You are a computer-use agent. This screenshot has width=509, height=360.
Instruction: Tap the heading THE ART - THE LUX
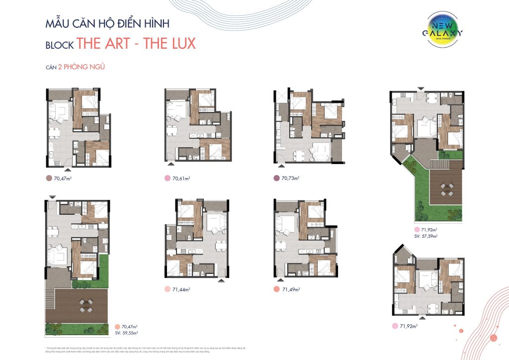137,43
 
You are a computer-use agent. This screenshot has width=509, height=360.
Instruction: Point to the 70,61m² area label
183,178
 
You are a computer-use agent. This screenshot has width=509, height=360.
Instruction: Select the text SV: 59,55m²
127,333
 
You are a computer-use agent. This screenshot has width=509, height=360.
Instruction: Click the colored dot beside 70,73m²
276,178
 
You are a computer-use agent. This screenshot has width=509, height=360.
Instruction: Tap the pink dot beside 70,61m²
168,178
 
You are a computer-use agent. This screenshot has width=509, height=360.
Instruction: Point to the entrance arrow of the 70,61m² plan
171,164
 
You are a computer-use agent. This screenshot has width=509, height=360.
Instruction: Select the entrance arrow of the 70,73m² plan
281,164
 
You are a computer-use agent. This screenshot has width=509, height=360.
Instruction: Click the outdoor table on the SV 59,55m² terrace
85,304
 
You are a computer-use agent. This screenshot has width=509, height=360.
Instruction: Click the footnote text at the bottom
144,350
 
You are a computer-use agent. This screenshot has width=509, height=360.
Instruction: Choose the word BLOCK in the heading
60,45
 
